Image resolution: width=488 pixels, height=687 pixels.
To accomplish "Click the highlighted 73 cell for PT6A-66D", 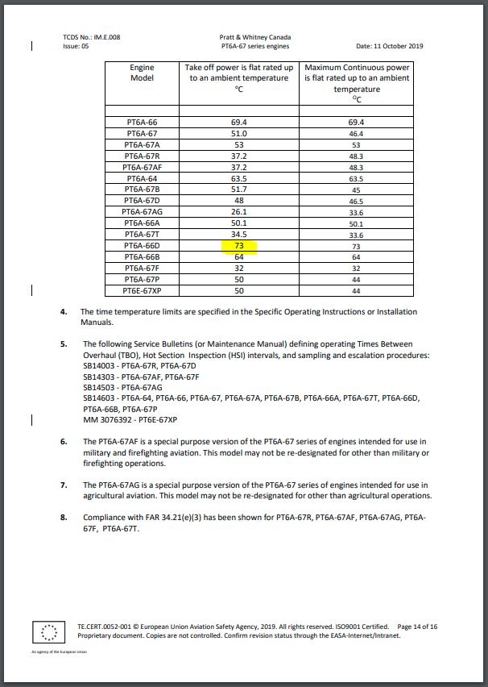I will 239,245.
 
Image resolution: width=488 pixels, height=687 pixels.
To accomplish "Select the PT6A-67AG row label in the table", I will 142,211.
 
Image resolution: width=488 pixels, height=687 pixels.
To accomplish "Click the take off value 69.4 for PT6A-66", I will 239,122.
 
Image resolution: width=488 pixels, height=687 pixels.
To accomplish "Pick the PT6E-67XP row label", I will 142,290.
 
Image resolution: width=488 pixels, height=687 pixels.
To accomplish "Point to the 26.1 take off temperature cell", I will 239,211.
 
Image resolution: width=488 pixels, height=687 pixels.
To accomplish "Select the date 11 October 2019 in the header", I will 395,46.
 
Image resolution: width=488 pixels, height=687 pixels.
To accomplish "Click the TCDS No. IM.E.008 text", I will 91,37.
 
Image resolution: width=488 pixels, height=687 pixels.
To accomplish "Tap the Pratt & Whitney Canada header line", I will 254,37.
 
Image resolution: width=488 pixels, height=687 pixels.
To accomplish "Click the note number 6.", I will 64,442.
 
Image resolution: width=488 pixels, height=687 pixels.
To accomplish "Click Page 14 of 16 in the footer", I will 418,626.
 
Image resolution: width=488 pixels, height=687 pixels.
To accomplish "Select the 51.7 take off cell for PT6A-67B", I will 239,189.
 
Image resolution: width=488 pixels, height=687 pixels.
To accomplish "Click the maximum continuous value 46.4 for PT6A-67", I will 356,133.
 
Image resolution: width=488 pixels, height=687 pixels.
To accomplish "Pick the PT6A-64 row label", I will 142,177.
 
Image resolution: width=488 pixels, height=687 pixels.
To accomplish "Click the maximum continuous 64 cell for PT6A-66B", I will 356,256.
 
